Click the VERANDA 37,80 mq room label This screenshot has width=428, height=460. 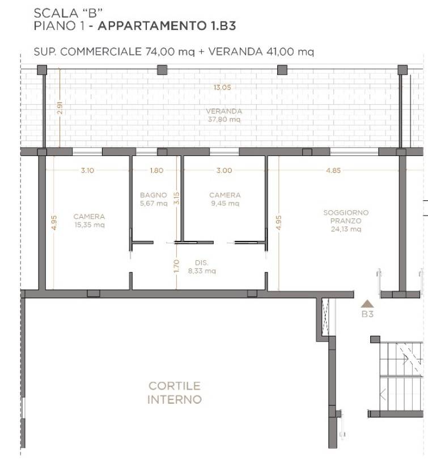click(x=224, y=115)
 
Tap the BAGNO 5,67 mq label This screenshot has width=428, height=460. click(x=154, y=199)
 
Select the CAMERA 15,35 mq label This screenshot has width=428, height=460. click(x=89, y=221)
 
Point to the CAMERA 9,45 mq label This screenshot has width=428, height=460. click(x=225, y=199)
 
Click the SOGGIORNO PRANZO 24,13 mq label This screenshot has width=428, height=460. click(x=346, y=221)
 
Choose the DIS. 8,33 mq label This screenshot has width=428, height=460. click(x=202, y=267)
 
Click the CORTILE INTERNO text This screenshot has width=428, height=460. click(x=175, y=393)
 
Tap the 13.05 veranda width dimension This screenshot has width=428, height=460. click(x=222, y=87)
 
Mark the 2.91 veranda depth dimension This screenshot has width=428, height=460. click(x=60, y=108)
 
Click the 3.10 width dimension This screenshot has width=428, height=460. click(x=87, y=170)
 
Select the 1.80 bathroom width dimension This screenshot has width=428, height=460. click(x=156, y=170)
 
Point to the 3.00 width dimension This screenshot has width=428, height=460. click(x=224, y=170)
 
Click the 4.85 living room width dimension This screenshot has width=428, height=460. click(x=333, y=170)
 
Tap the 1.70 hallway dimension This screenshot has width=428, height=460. click(x=176, y=266)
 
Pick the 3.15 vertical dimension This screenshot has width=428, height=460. click(x=176, y=199)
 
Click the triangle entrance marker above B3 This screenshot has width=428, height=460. click(x=367, y=303)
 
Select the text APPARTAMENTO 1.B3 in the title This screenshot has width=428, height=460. click(x=167, y=26)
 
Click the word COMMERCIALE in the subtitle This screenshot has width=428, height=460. click(x=101, y=52)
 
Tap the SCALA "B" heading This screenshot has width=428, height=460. click(x=68, y=13)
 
